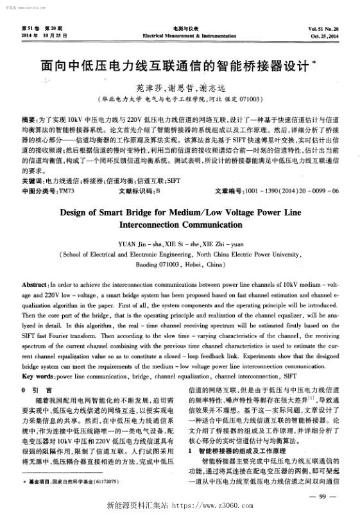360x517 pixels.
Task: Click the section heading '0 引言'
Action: pyautogui.click(x=38, y=390)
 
